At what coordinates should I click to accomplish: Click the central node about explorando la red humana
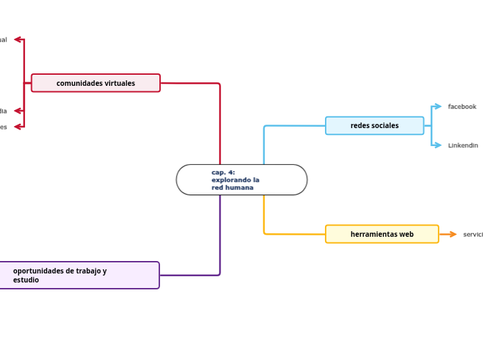tap(241, 180)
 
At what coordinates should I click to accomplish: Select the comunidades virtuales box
tap(96, 83)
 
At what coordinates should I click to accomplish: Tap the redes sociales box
tap(374, 125)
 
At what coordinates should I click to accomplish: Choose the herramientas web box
tap(382, 234)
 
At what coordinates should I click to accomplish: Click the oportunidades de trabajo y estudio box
tap(80, 275)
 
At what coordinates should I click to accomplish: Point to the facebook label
tap(462, 107)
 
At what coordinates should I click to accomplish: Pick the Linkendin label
tap(462, 145)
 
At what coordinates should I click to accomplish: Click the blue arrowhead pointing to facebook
tap(437, 107)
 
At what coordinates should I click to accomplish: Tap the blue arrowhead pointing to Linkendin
tap(437, 145)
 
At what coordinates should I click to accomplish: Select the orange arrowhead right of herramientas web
tap(453, 234)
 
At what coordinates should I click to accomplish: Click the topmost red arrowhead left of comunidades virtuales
tap(18, 39)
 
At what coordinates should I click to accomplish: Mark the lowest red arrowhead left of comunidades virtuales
tap(18, 127)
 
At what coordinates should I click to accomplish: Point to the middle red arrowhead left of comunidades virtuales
tap(18, 111)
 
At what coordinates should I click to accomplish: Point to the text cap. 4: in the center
tap(223, 172)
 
